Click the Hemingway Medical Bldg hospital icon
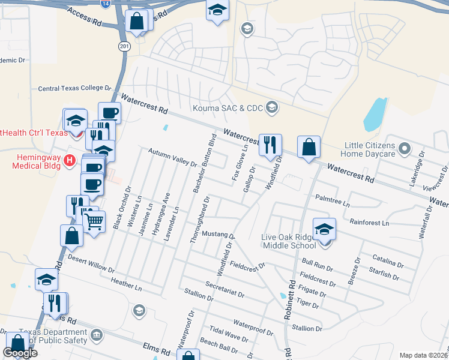pos(69,160)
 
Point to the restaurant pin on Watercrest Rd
pos(270,144)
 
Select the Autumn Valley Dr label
pos(172,158)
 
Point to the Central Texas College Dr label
pos(71,88)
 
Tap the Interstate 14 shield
pos(106,4)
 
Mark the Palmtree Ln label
pos(332,200)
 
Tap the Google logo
pos(20,353)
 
